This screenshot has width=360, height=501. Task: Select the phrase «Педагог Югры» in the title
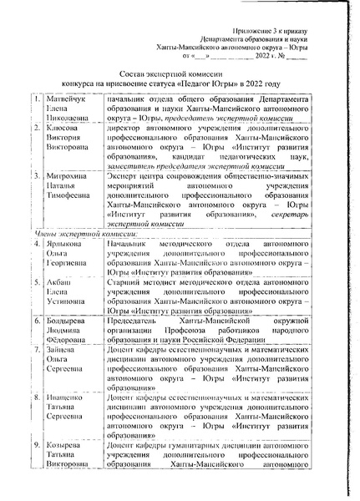coord(241,85)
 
